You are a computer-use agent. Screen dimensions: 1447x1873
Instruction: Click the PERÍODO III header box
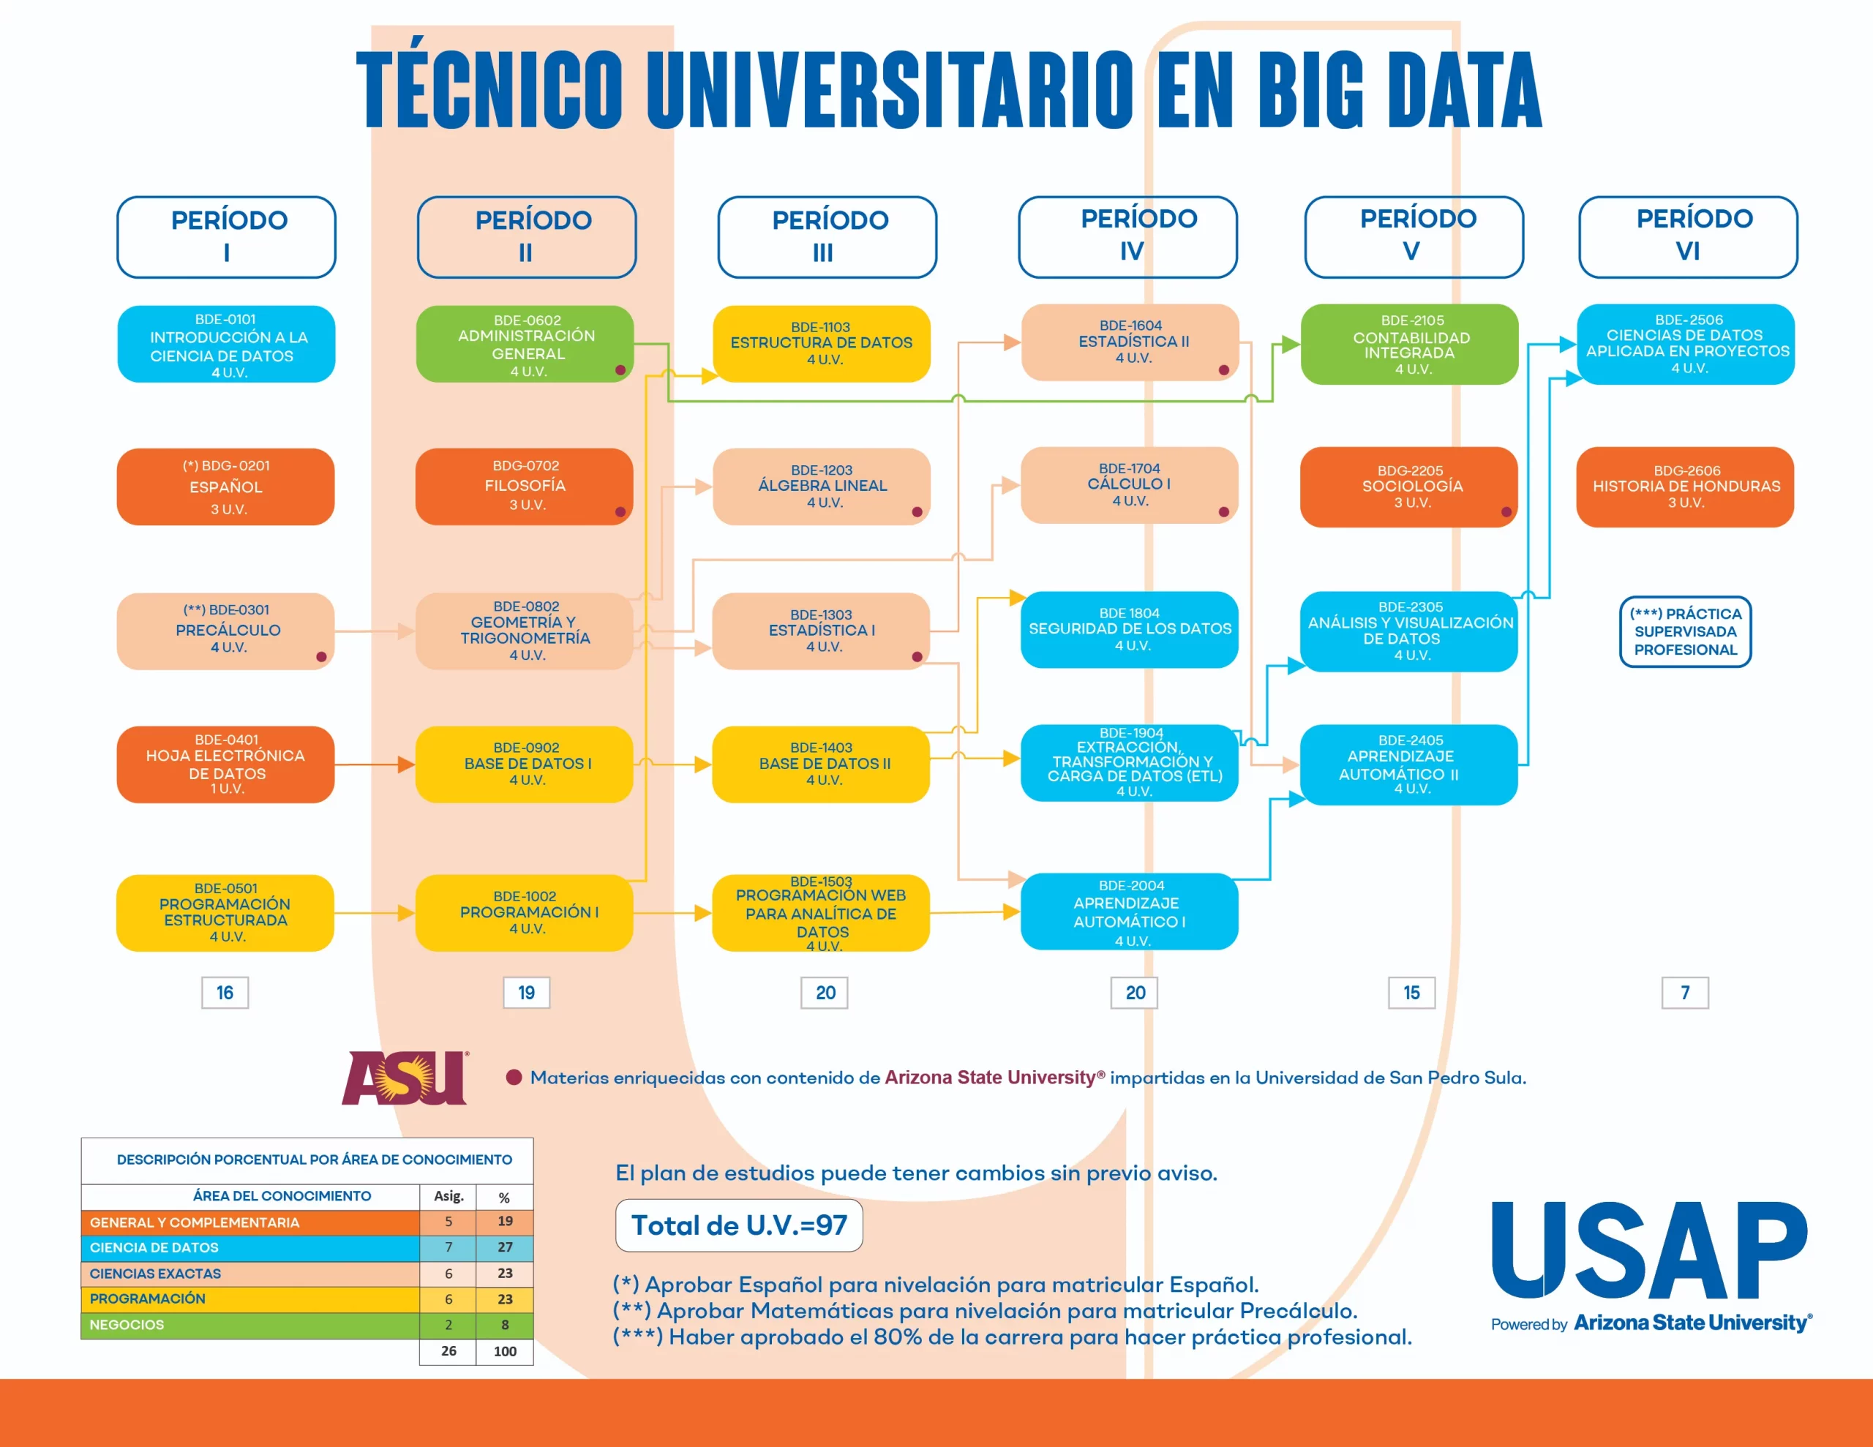(827, 237)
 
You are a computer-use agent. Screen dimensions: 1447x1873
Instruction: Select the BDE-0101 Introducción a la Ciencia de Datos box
(225, 344)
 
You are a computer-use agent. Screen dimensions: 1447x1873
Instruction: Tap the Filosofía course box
(524, 486)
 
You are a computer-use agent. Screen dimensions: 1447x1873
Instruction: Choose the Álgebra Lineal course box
(821, 486)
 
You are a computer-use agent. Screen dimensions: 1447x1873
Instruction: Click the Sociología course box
(1408, 486)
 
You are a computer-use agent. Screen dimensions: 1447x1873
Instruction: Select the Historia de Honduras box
(1684, 486)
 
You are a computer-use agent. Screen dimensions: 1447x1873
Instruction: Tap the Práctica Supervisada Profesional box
(1684, 631)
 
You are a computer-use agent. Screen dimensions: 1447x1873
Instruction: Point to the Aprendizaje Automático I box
(1129, 912)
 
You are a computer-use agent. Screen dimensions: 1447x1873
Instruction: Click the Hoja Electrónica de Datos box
(225, 764)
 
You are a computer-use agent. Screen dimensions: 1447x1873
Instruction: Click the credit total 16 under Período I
(225, 993)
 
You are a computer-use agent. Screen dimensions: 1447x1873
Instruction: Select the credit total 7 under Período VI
(1684, 993)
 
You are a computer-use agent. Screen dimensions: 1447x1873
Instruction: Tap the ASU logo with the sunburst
(405, 1078)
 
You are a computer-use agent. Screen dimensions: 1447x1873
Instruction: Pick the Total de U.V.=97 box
(738, 1225)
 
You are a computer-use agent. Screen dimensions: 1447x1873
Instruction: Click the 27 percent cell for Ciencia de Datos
(504, 1247)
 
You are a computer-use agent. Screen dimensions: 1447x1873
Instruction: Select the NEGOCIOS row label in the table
(127, 1324)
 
